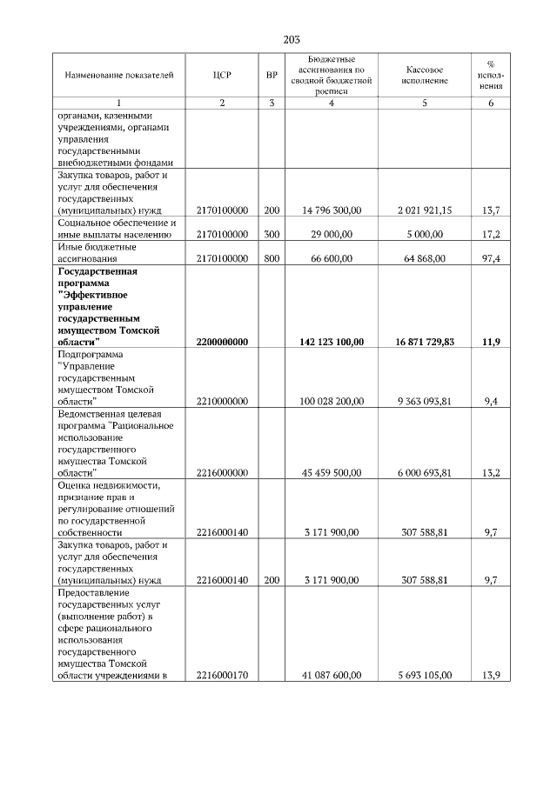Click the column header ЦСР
click(222, 76)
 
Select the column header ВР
click(272, 76)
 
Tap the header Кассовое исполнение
click(425, 76)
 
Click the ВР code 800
click(272, 258)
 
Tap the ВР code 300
click(272, 235)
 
